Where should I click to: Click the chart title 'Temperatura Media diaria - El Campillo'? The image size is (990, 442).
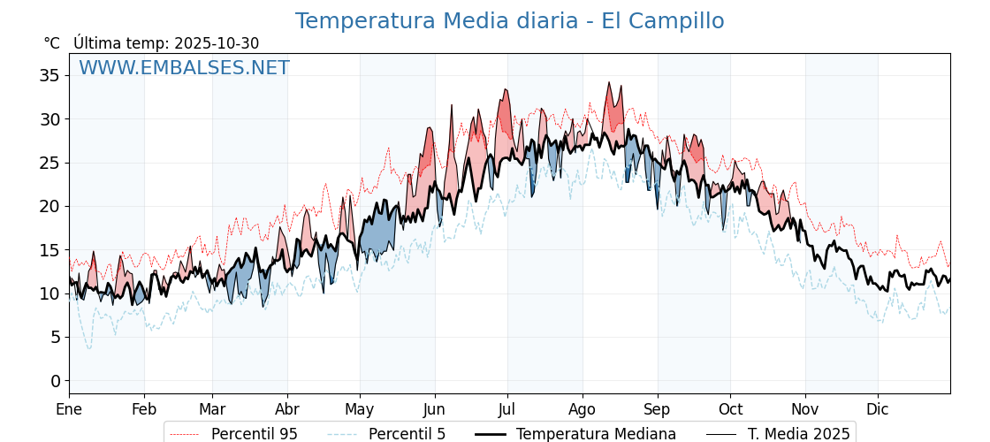point(509,21)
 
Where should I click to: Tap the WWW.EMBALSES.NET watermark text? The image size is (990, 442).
point(184,68)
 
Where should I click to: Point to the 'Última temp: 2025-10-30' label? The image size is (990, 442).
point(166,43)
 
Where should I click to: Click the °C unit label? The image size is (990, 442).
point(52,43)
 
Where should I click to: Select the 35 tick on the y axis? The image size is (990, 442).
point(49,76)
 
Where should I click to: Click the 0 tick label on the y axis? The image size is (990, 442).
point(55,381)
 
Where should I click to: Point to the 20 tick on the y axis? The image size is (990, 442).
point(49,206)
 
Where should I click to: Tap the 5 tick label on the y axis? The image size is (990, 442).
point(55,338)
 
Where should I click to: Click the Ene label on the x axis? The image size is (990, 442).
point(69,409)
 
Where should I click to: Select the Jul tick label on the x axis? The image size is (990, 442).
point(507,409)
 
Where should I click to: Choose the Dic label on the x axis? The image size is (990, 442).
point(878,409)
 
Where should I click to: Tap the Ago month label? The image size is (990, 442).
point(583,409)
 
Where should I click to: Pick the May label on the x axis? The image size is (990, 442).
point(360,409)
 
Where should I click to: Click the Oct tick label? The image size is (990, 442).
point(730,409)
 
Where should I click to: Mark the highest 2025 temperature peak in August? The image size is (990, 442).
point(608,83)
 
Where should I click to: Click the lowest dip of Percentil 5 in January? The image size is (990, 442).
point(89,348)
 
